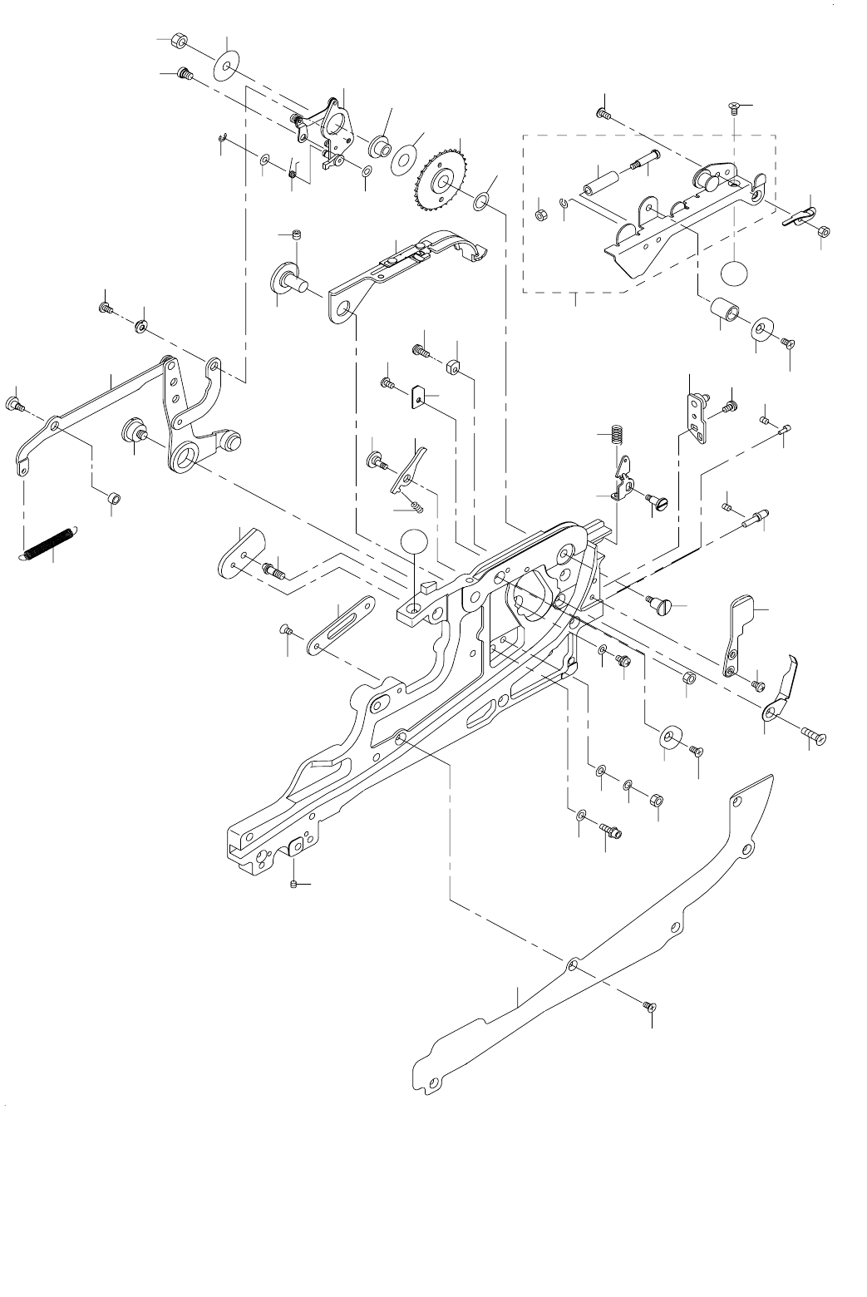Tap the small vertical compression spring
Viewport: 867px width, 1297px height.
click(x=615, y=435)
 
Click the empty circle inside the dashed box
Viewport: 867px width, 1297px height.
click(x=734, y=274)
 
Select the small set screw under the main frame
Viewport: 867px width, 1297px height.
click(x=295, y=884)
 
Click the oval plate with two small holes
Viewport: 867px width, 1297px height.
click(x=239, y=554)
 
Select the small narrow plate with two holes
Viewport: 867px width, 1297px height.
click(x=695, y=412)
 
